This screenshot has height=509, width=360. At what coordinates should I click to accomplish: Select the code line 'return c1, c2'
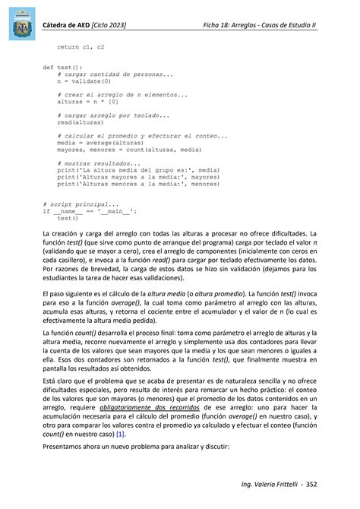[81, 46]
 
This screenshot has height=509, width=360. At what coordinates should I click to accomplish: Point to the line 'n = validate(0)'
[84, 81]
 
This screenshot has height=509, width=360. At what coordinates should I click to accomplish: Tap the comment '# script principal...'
[81, 204]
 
